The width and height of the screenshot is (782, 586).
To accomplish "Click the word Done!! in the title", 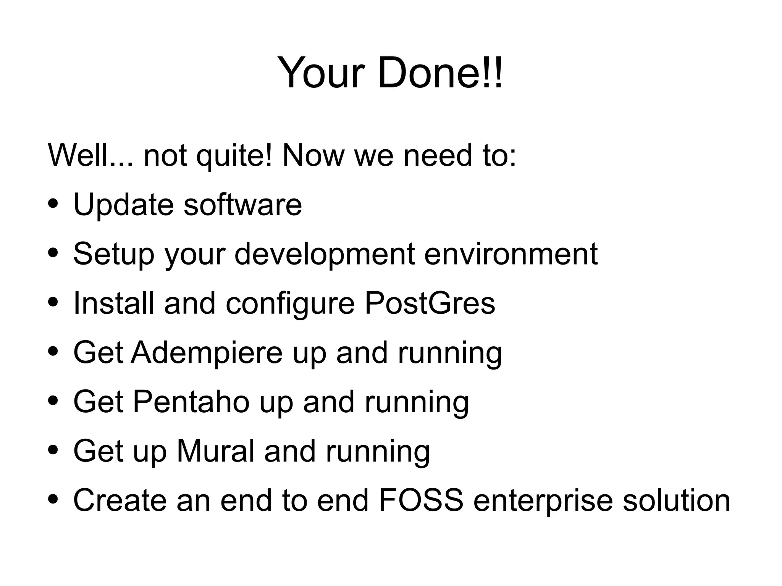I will click(440, 73).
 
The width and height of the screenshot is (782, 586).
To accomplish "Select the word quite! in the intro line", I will click(234, 155).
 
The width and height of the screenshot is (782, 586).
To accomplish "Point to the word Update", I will click(123, 205).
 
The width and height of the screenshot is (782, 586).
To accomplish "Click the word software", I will click(243, 205).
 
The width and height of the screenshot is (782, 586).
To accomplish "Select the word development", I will click(324, 254).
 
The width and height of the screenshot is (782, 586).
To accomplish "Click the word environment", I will click(511, 254).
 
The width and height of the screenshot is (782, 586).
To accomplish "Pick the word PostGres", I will click(430, 303).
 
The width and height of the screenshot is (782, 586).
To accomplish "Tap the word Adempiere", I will click(207, 352).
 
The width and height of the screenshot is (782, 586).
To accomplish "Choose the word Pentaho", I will click(191, 402).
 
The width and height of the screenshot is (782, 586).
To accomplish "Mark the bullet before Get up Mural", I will click(53, 449).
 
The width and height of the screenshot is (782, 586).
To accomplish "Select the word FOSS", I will click(421, 500).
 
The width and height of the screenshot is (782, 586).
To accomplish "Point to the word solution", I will click(676, 500).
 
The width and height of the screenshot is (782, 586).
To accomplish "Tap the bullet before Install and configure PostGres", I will click(53, 302).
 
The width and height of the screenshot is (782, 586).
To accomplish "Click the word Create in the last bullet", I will click(120, 500).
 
